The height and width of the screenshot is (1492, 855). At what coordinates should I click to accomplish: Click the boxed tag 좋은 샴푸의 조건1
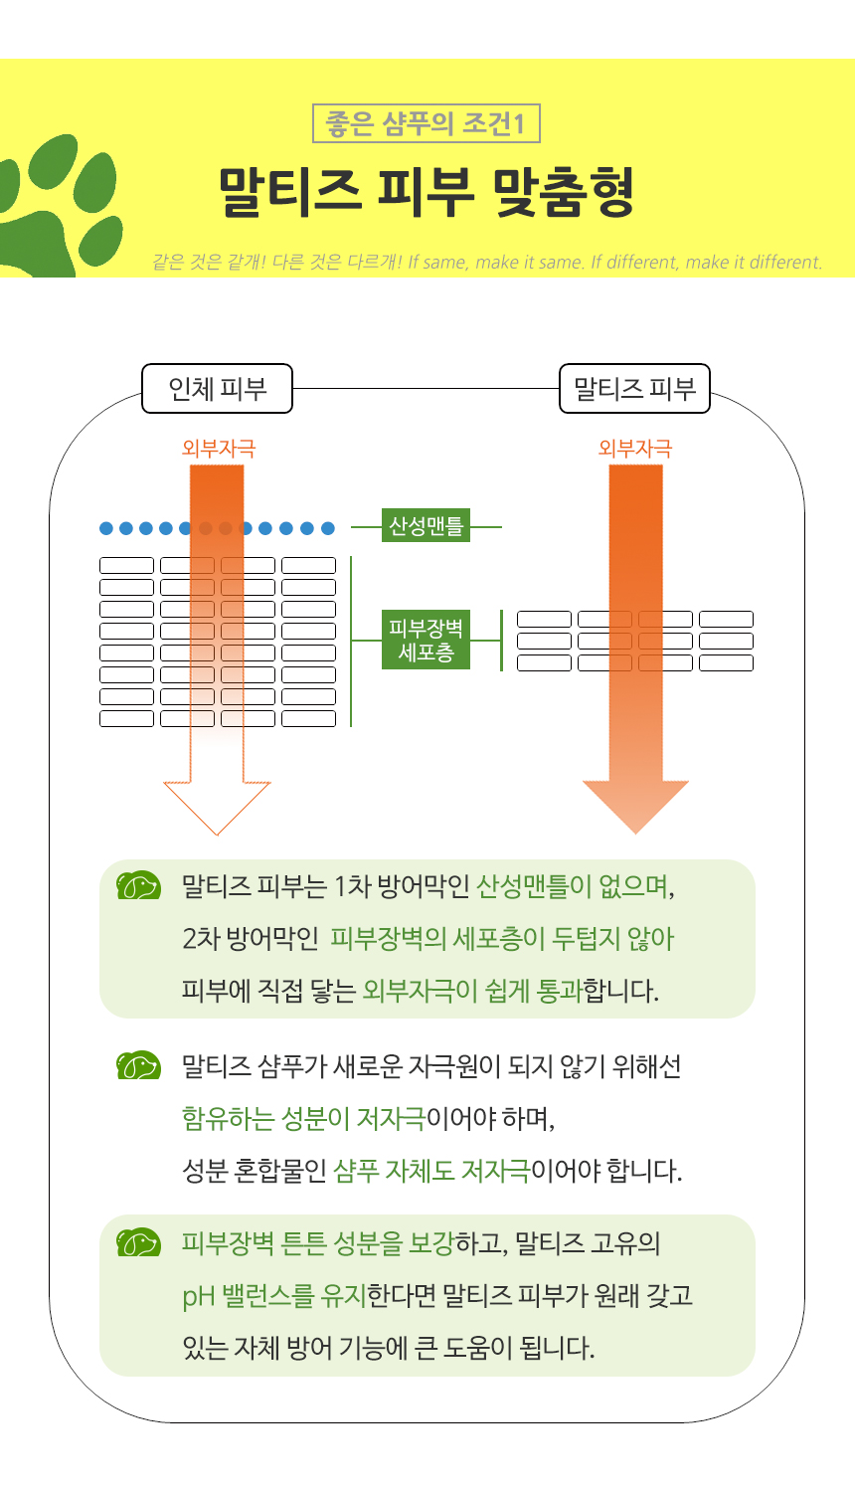click(x=426, y=123)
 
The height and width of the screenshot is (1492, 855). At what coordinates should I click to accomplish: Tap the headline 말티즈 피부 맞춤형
click(x=426, y=192)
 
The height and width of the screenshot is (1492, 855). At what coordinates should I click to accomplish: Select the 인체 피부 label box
click(x=218, y=388)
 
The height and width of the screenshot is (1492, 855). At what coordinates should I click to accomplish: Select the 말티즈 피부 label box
click(x=635, y=388)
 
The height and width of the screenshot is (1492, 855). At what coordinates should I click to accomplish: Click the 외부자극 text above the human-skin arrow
click(x=219, y=449)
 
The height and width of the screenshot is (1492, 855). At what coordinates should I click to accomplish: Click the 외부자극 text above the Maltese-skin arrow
click(x=635, y=449)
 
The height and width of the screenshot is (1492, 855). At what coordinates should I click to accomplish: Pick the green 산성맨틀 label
click(x=426, y=526)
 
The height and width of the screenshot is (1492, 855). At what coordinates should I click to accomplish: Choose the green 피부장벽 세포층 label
click(x=426, y=640)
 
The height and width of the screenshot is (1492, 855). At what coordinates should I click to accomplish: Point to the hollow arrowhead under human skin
click(x=217, y=806)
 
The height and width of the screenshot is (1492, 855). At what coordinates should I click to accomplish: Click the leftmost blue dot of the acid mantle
click(x=107, y=528)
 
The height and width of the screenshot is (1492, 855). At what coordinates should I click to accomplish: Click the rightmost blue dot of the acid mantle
click(x=327, y=528)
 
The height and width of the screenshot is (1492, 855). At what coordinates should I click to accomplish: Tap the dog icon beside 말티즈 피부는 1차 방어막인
click(x=138, y=885)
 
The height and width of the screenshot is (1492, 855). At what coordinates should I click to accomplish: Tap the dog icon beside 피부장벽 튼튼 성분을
click(x=138, y=1243)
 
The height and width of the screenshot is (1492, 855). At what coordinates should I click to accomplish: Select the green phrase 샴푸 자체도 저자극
click(x=431, y=1171)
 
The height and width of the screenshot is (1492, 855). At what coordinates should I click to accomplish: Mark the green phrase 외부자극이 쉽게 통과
click(x=472, y=991)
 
